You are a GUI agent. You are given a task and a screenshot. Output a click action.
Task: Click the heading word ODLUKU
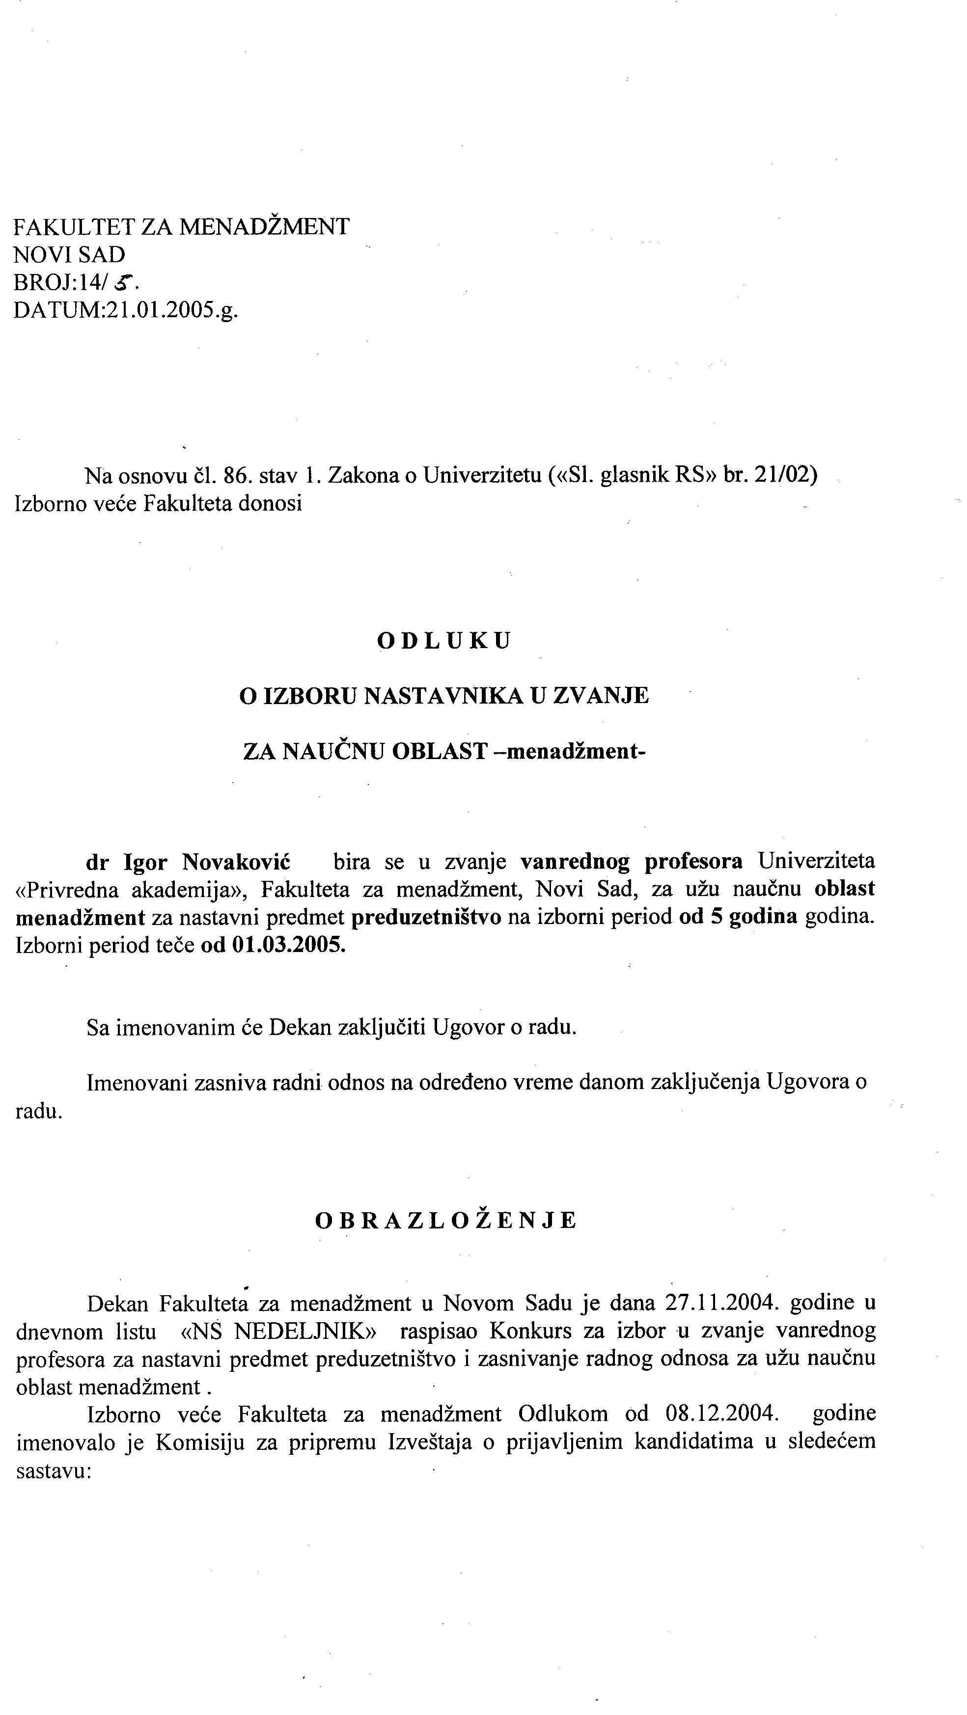coord(444,640)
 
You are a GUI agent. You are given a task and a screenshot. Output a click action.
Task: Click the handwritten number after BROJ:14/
coord(123,284)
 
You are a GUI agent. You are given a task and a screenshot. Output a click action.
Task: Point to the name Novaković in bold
coord(236,862)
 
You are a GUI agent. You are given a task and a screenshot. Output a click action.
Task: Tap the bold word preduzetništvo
coord(426,918)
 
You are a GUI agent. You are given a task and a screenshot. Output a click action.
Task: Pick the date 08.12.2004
coord(721,1413)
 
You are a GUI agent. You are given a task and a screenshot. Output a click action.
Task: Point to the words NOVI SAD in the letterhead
coord(69,254)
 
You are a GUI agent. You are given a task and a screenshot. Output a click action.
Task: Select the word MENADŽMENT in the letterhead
coord(264,226)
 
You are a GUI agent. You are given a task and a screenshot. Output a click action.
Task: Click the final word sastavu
coord(53,1470)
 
